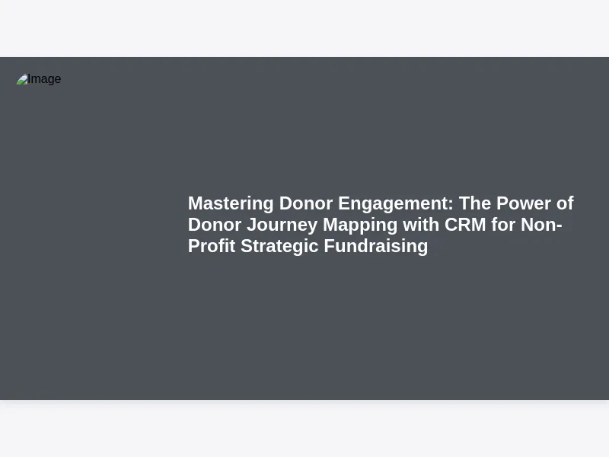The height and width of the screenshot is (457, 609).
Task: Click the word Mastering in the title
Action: coord(231,204)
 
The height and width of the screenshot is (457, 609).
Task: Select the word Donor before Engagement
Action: coord(306,203)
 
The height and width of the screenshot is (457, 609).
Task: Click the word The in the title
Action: coord(475,203)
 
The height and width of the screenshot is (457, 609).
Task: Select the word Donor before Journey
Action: coord(215,225)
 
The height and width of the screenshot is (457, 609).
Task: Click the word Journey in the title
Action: coord(282,225)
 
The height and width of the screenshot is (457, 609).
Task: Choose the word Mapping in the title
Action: coord(360,225)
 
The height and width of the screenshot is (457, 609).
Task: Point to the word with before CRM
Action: coord(421,225)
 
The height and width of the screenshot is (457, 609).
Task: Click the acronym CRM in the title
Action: coord(465,225)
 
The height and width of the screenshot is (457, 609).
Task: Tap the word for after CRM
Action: coord(503,225)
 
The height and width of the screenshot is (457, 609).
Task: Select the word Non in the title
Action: coord(539,225)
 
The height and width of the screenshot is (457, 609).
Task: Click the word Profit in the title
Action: coord(212,246)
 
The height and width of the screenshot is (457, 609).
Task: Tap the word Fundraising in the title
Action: coord(376,247)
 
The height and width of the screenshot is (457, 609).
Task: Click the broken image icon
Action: coord(22,79)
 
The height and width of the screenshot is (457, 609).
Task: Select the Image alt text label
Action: coord(44,79)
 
